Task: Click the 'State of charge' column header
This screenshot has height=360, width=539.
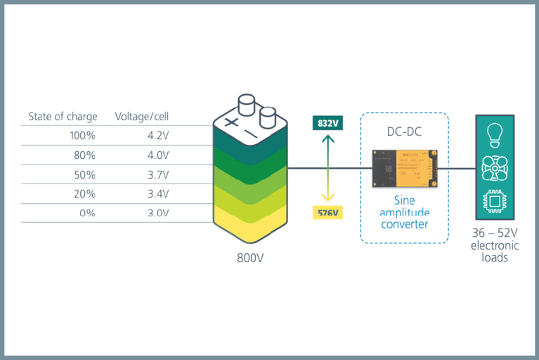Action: [63, 116]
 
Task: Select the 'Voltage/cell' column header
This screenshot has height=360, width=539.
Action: [143, 116]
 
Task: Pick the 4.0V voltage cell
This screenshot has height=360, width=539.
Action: [157, 155]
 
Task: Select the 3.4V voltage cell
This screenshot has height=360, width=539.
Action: [157, 193]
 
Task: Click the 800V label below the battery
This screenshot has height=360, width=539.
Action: [251, 257]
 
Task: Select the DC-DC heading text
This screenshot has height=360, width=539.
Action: [405, 131]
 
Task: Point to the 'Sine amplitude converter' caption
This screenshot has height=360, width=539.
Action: [405, 212]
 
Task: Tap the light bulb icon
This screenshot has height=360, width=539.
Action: [494, 134]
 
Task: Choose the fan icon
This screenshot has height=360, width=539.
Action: [494, 168]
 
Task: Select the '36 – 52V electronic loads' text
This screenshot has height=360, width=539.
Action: [495, 245]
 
